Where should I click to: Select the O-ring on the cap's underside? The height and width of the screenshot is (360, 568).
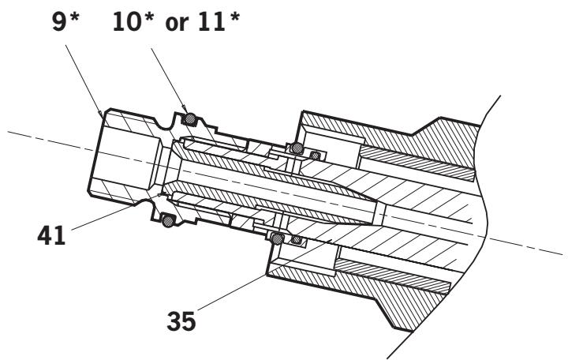167,222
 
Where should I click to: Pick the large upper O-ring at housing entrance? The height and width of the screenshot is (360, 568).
296,147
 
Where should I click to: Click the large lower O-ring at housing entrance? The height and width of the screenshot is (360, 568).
277,236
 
